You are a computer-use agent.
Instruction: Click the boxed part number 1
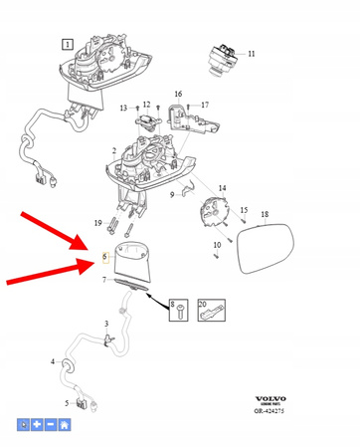(67, 44)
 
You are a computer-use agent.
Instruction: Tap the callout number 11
(252, 53)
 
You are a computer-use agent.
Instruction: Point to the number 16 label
(179, 95)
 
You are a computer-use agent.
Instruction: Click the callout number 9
(171, 195)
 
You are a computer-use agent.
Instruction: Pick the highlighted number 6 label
(104, 257)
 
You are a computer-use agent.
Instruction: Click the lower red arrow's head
(97, 263)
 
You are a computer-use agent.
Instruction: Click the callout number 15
(242, 210)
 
